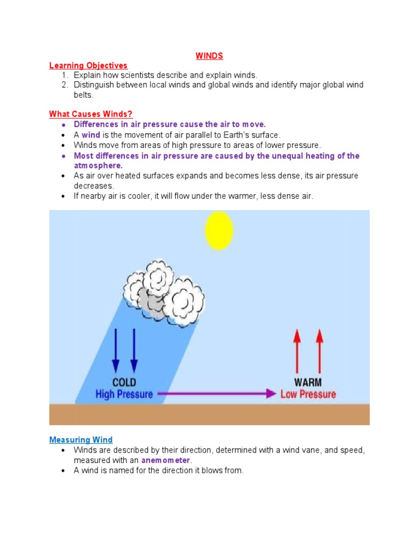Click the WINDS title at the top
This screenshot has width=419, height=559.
pyautogui.click(x=209, y=56)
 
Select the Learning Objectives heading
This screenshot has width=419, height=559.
pyautogui.click(x=88, y=66)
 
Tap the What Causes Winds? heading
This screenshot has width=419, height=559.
pyautogui.click(x=91, y=114)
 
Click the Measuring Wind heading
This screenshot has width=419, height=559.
pyautogui.click(x=81, y=439)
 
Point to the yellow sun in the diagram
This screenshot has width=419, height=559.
pyautogui.click(x=219, y=230)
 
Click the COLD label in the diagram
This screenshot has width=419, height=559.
pyautogui.click(x=124, y=382)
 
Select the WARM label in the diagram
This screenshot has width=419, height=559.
pyautogui.click(x=308, y=382)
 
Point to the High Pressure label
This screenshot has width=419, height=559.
pyautogui.click(x=124, y=394)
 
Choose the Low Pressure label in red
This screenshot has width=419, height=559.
pyautogui.click(x=308, y=394)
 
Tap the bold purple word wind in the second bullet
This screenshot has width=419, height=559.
pyautogui.click(x=91, y=135)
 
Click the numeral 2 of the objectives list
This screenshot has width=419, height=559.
pyautogui.click(x=64, y=85)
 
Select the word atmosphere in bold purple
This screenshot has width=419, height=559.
pyautogui.click(x=98, y=165)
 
